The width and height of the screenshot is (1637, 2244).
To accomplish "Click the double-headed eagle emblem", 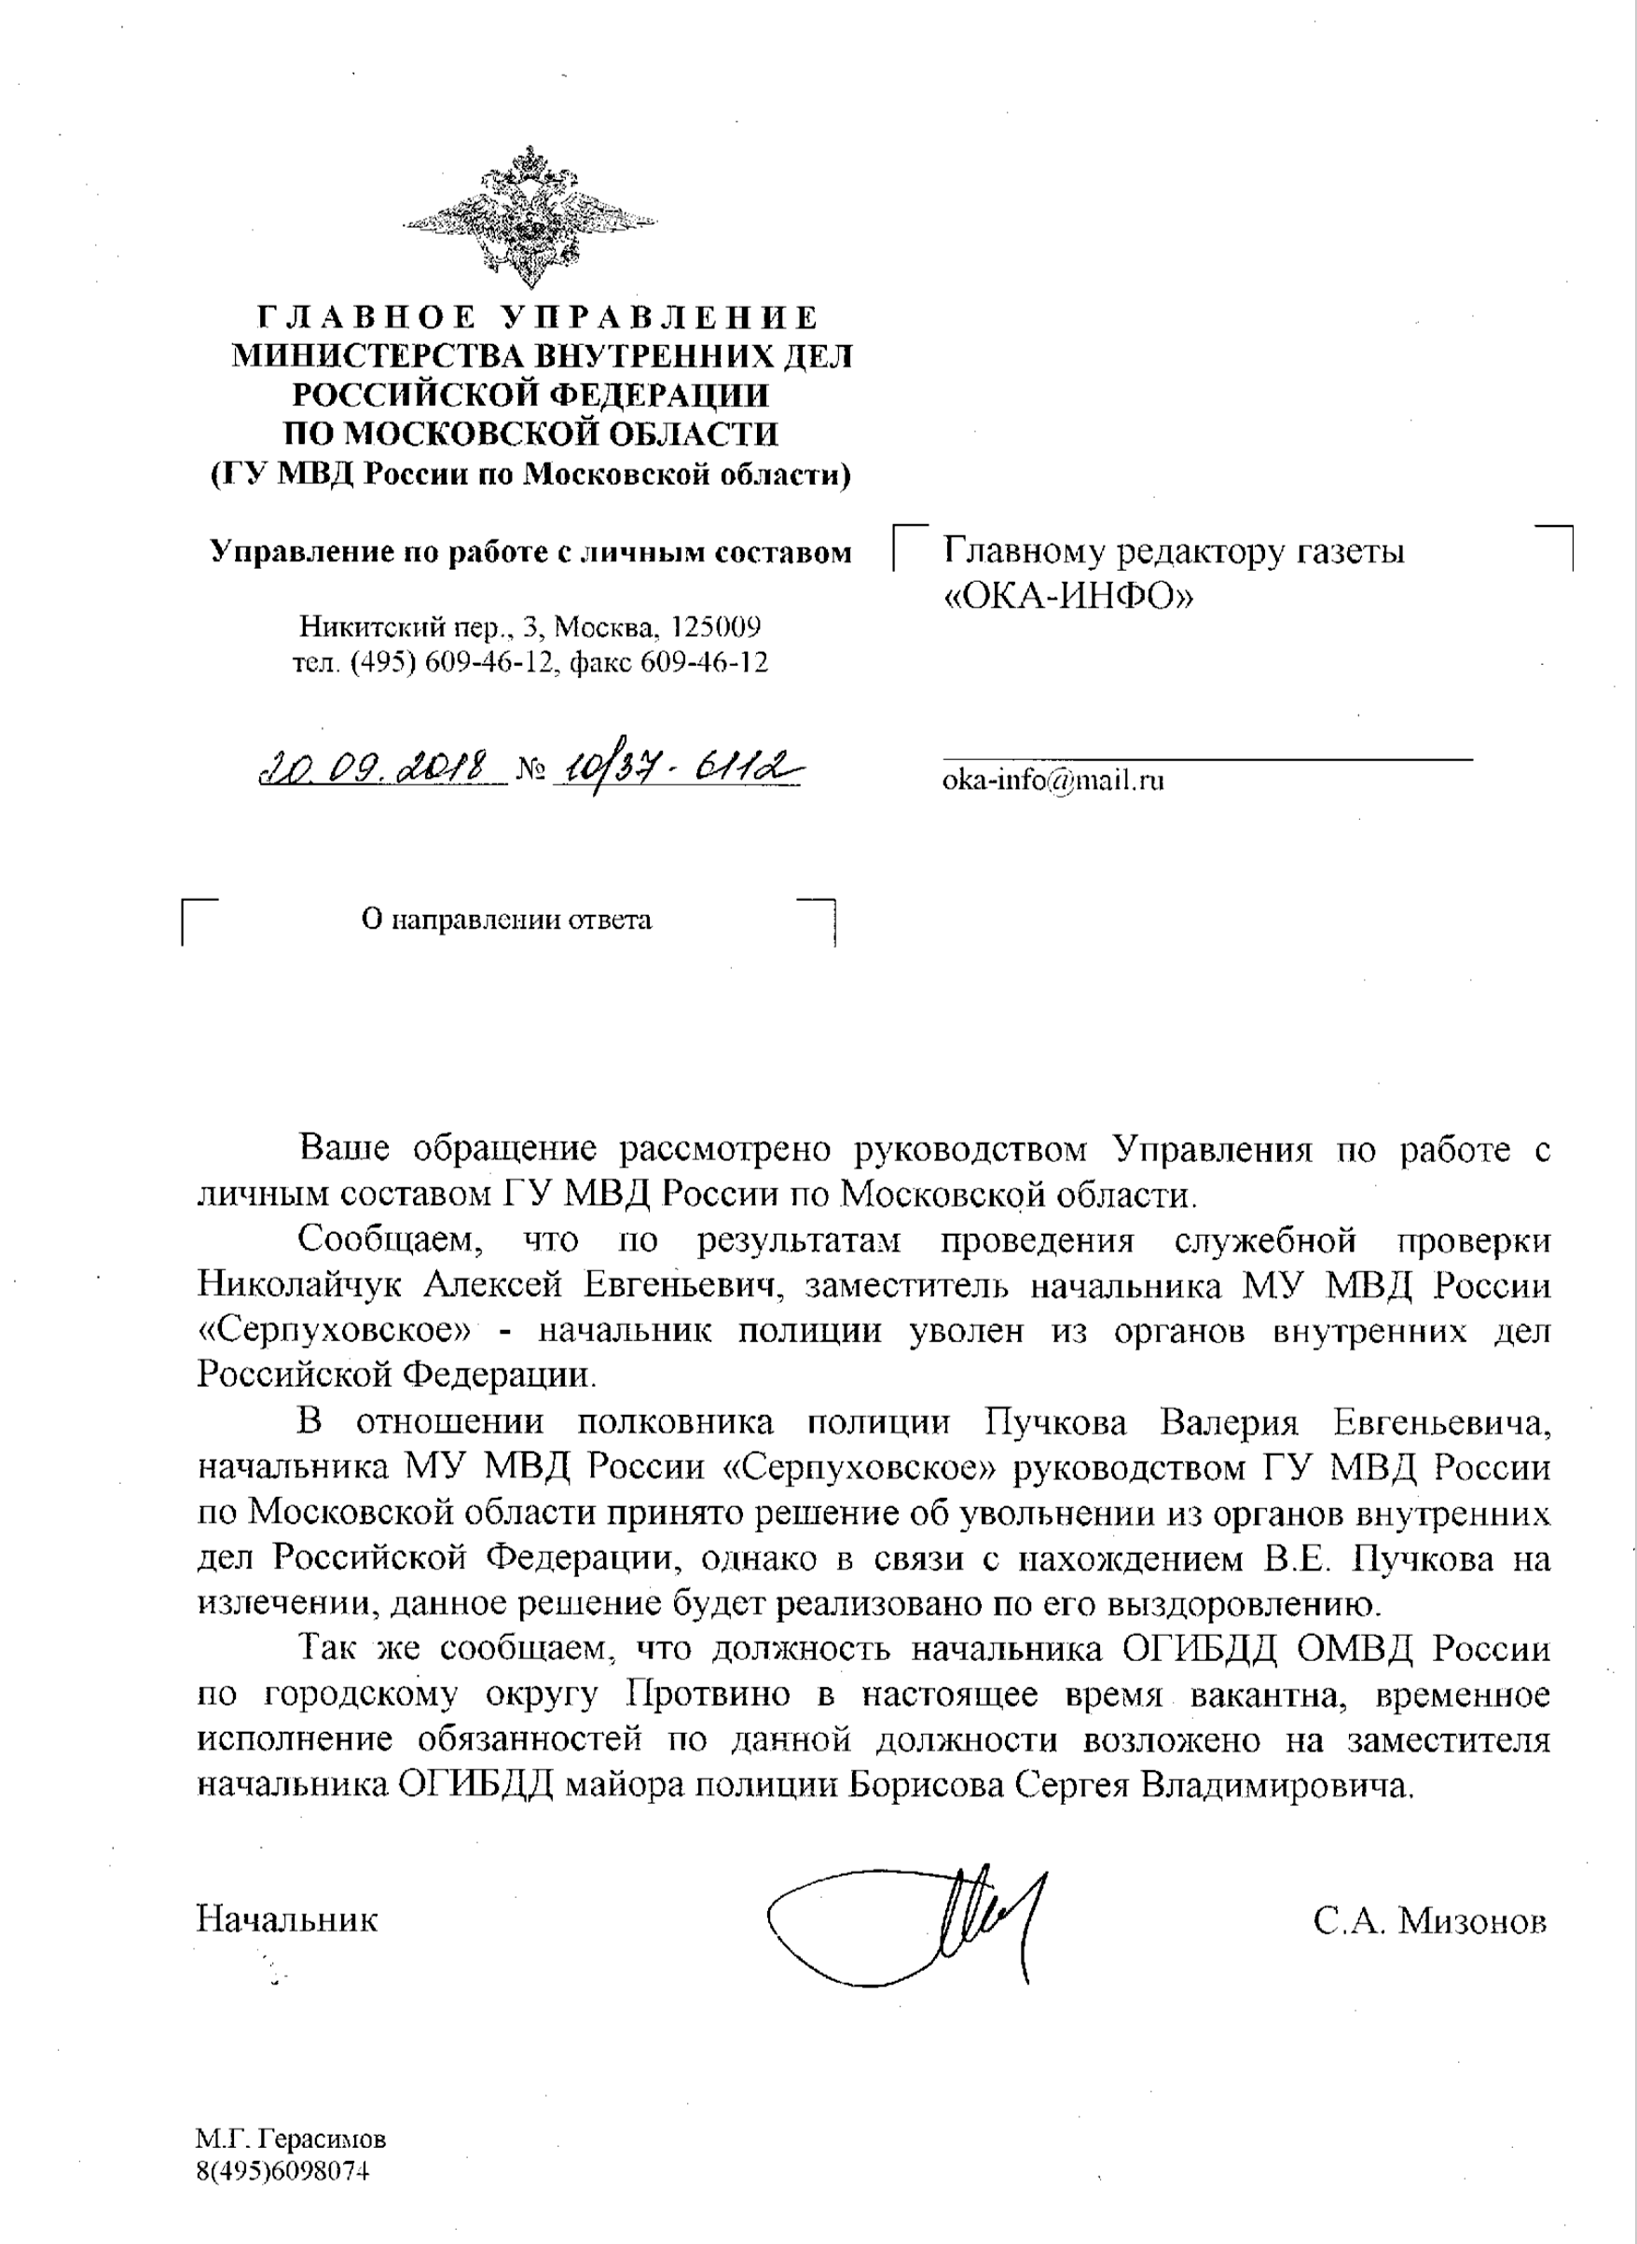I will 530,217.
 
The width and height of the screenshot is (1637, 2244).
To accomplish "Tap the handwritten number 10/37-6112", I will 678,768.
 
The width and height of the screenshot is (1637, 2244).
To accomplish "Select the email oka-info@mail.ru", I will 1052,780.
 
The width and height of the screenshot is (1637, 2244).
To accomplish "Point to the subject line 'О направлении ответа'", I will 506,920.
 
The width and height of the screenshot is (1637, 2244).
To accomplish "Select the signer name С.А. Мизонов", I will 1429,1921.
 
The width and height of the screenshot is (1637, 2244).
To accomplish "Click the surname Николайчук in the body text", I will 299,1285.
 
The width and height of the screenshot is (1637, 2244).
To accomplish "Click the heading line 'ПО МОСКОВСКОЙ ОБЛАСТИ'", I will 530,434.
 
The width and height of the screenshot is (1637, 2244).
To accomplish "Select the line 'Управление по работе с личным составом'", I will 530,552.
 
